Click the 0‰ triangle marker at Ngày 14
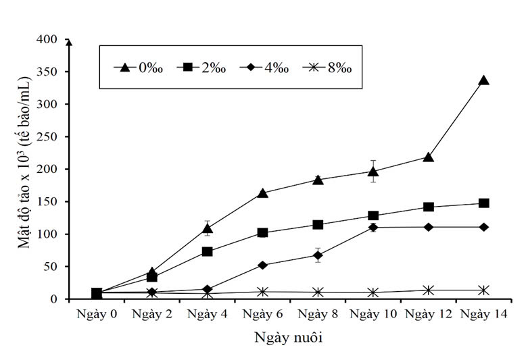coord(483,80)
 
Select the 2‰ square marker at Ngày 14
coord(483,203)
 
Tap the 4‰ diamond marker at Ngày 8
coord(318,255)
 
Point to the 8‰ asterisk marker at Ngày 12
coord(428,290)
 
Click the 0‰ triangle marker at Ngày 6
coord(262,193)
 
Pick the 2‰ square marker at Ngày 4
coord(208,252)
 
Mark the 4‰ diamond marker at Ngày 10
coord(373,228)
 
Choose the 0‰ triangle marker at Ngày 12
coord(428,157)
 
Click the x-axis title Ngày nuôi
coord(289,338)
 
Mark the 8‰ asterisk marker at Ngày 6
coord(262,292)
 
